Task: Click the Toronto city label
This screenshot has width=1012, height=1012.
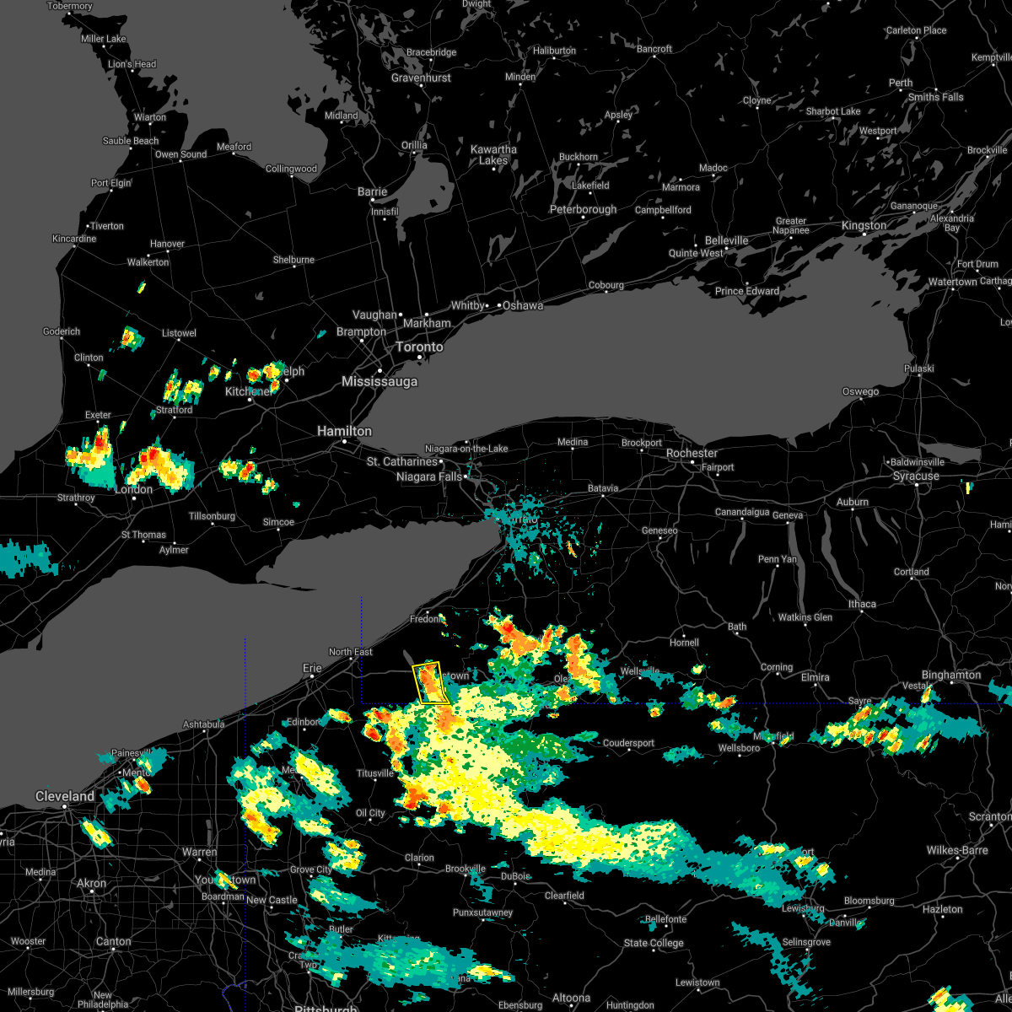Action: [419, 347]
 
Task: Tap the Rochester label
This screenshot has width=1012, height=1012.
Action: [692, 453]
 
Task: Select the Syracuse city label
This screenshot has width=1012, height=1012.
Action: [916, 476]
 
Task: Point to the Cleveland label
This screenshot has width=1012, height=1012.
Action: [65, 796]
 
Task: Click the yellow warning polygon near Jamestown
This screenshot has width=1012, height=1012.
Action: [431, 684]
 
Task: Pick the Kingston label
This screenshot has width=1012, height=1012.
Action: [864, 225]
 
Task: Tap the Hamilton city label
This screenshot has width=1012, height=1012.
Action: [344, 431]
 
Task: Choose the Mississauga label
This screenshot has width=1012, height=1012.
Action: [379, 382]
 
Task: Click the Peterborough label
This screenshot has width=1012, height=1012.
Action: [583, 209]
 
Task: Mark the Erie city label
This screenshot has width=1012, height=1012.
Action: [312, 668]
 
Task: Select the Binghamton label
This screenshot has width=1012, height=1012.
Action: [951, 675]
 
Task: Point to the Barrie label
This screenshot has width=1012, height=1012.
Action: [372, 191]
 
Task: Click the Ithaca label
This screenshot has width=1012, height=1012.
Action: [862, 604]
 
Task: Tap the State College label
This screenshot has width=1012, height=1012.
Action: [654, 943]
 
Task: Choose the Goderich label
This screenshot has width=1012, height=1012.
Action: [62, 331]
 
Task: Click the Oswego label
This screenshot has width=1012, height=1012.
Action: [860, 391]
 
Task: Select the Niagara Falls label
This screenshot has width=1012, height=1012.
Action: [429, 476]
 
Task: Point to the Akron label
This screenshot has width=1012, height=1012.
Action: [92, 883]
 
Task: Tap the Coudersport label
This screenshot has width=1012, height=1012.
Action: [628, 743]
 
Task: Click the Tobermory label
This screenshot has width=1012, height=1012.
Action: [70, 6]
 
